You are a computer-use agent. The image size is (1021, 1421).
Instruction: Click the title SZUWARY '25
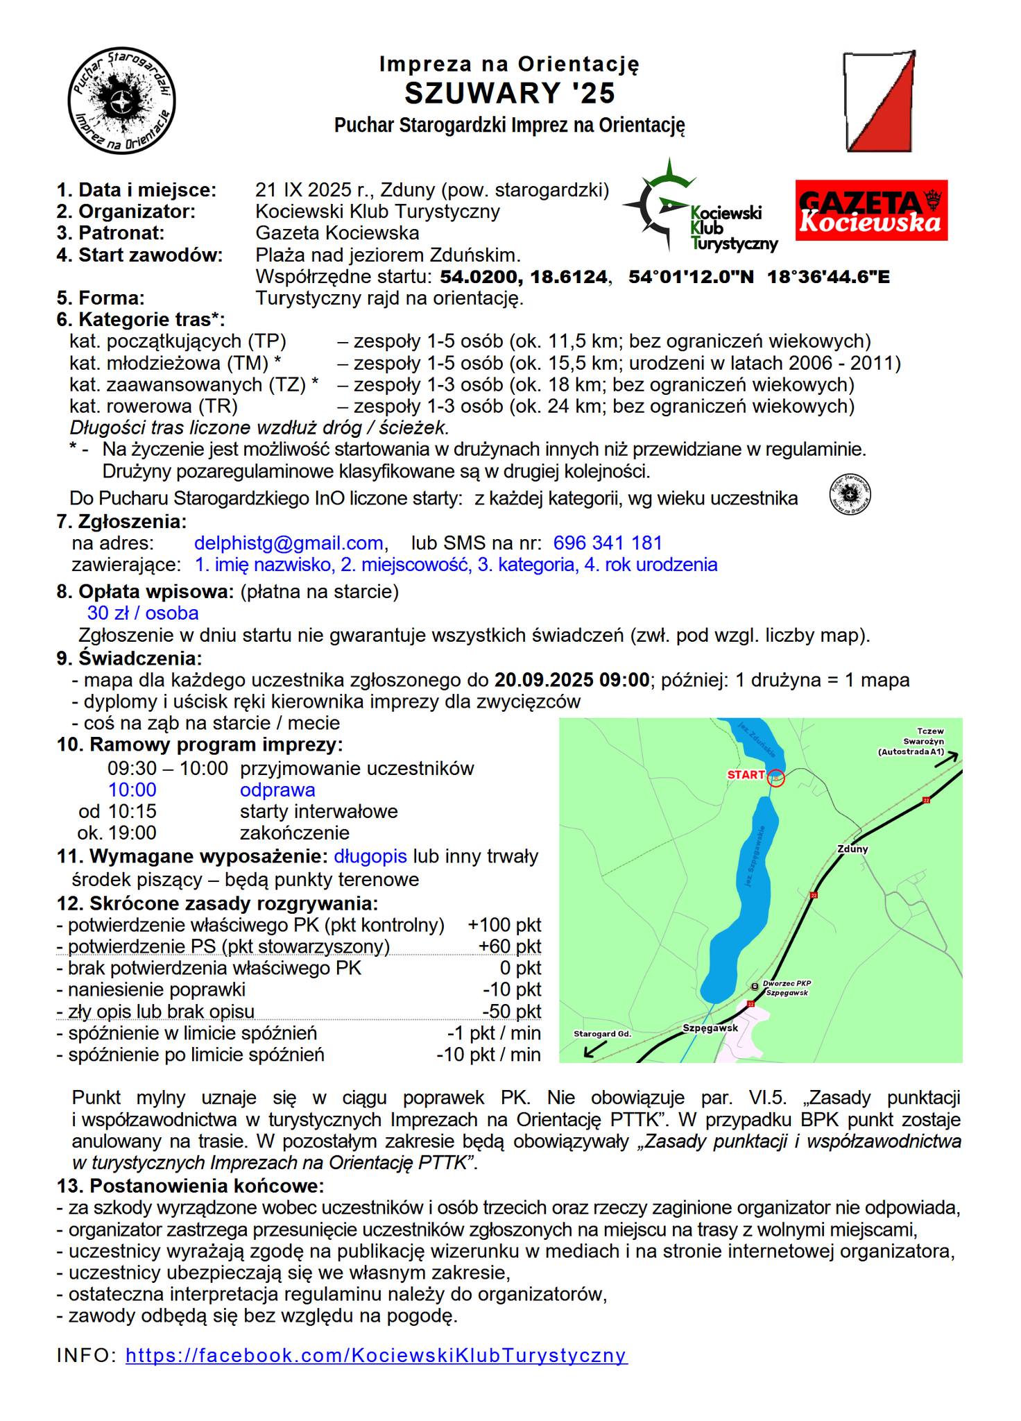510,93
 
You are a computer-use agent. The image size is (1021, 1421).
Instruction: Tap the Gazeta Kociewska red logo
871,210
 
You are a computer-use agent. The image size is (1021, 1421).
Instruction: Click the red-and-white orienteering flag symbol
879,101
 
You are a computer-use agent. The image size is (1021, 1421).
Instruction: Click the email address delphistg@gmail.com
289,543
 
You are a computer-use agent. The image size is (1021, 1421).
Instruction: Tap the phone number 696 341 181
608,543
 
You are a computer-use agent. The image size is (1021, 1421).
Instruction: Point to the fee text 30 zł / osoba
143,613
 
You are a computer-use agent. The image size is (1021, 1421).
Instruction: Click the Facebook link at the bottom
376,1355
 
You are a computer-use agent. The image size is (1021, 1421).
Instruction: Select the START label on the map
746,774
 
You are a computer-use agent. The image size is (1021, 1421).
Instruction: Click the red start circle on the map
776,778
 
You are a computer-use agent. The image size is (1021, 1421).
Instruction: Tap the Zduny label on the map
852,849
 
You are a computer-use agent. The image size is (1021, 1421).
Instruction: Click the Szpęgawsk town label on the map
710,1028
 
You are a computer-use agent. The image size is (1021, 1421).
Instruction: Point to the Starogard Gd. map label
602,1034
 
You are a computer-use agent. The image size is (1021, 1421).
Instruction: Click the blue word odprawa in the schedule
277,790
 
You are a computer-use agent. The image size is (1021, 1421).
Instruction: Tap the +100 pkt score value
504,925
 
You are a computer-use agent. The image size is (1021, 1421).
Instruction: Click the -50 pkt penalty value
511,1012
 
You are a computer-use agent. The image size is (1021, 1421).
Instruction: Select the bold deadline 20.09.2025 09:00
572,680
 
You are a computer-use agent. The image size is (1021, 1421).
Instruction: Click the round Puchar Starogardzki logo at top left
121,101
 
